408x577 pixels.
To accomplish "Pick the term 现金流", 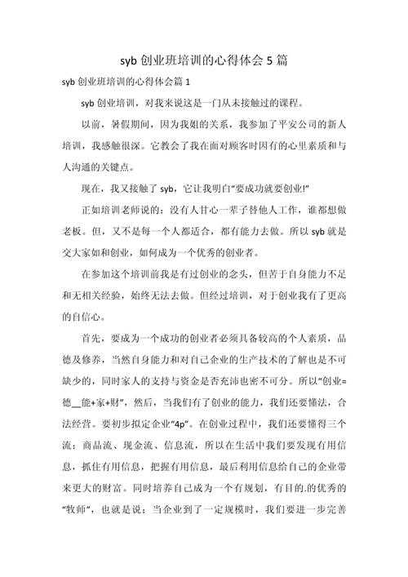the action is pyautogui.click(x=143, y=444).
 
